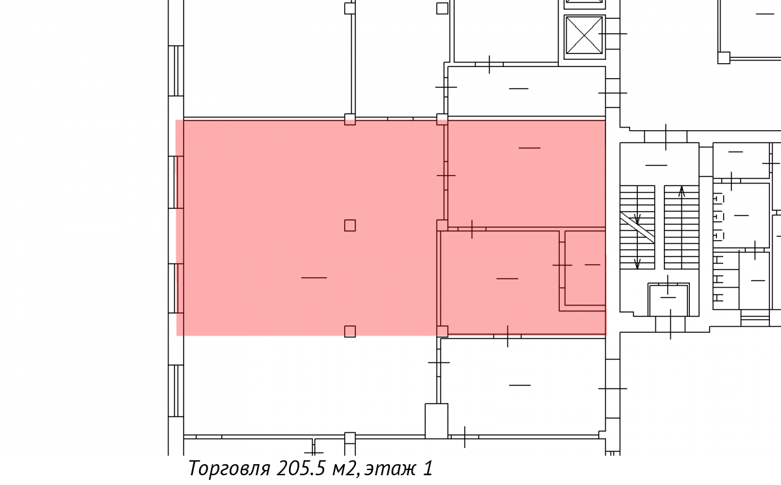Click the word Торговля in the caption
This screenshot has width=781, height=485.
(229, 469)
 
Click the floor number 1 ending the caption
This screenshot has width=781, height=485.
(428, 468)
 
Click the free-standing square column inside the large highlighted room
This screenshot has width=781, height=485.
(350, 226)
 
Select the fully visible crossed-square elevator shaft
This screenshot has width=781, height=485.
(584, 36)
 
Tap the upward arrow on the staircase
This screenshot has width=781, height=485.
(681, 193)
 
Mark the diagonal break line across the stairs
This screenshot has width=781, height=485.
(637, 227)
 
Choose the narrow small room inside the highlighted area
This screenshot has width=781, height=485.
(585, 268)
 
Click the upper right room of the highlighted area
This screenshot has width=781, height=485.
(527, 173)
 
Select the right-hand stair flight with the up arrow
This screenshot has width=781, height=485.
(681, 227)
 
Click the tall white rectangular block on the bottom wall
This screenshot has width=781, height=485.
(436, 421)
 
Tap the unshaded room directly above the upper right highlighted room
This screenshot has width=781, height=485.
(527, 91)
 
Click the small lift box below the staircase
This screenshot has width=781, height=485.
(668, 299)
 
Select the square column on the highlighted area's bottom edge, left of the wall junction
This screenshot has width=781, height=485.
(350, 331)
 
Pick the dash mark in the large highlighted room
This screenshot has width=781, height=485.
(314, 277)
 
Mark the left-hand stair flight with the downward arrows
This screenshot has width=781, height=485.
(637, 227)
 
